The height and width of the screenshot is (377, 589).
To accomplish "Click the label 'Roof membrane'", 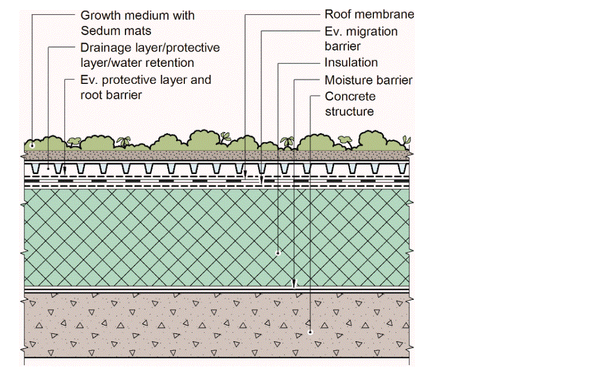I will (x=369, y=15).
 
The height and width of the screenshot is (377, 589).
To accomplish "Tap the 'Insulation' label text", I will (x=351, y=63).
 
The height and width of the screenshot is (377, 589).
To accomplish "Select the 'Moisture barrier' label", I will (x=368, y=81).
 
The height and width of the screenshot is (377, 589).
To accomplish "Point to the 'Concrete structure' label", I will (x=350, y=104).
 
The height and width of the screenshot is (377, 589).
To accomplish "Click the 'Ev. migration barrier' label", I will (x=361, y=39).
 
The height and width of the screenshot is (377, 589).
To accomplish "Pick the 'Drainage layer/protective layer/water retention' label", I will (x=150, y=55).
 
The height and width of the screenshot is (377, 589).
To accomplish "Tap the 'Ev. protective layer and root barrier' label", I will (x=146, y=87).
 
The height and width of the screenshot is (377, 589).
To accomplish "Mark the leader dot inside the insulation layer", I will (x=278, y=253).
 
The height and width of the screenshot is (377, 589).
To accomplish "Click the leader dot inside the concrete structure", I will (x=310, y=332).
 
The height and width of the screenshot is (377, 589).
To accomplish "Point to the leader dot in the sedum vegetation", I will (x=32, y=145).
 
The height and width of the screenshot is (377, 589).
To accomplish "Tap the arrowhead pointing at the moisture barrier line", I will (x=294, y=284).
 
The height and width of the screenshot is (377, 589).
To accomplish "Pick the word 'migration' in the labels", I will (x=371, y=31).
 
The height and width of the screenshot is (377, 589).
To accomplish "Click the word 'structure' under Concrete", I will (x=350, y=112).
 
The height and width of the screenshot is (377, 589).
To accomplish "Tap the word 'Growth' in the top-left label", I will (x=100, y=15).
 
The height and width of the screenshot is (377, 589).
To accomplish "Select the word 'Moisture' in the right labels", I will (x=347, y=81).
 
